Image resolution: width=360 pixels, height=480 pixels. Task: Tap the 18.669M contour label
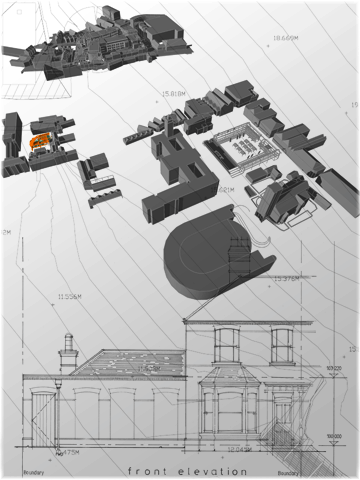point(286,40)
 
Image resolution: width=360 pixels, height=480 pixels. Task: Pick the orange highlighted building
point(41,145)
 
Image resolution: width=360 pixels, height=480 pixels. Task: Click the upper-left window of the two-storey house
point(227,345)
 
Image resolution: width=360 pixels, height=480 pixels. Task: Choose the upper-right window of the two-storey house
point(282,345)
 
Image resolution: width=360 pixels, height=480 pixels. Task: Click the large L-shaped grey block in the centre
point(170,175)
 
